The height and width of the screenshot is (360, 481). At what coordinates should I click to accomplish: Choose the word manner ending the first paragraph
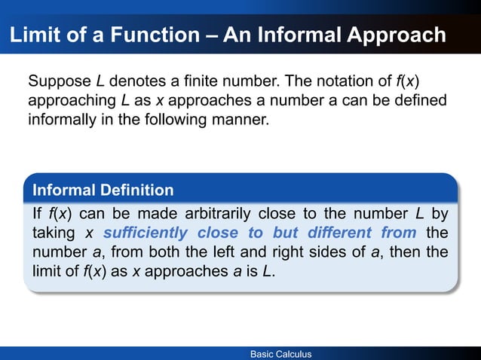(x=240, y=119)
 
